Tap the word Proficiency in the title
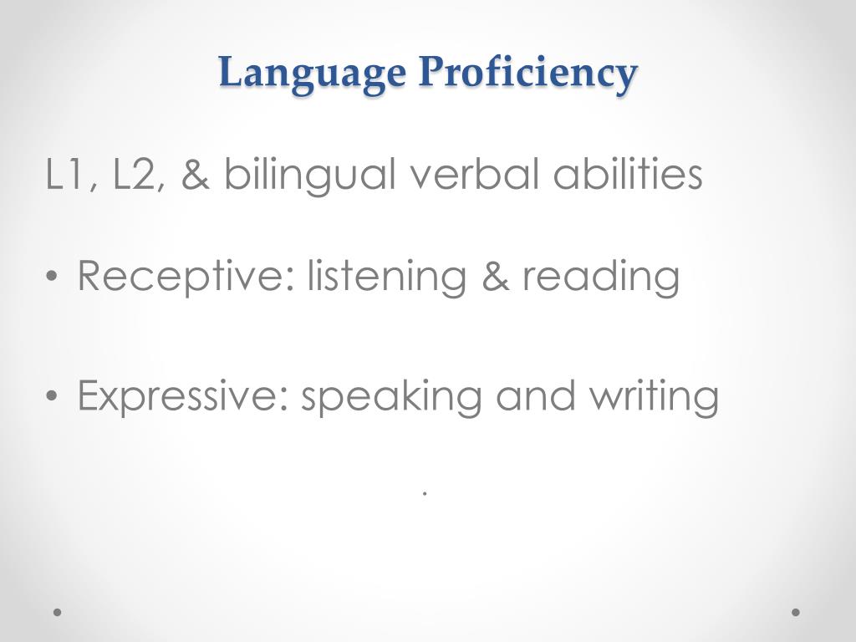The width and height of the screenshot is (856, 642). click(x=528, y=73)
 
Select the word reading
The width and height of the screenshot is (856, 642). click(x=601, y=278)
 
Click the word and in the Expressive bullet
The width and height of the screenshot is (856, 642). click(x=535, y=396)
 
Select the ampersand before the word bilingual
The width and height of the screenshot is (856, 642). click(x=195, y=176)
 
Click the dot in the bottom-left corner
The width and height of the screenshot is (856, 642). click(x=58, y=612)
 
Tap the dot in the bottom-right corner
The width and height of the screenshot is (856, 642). click(x=796, y=612)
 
